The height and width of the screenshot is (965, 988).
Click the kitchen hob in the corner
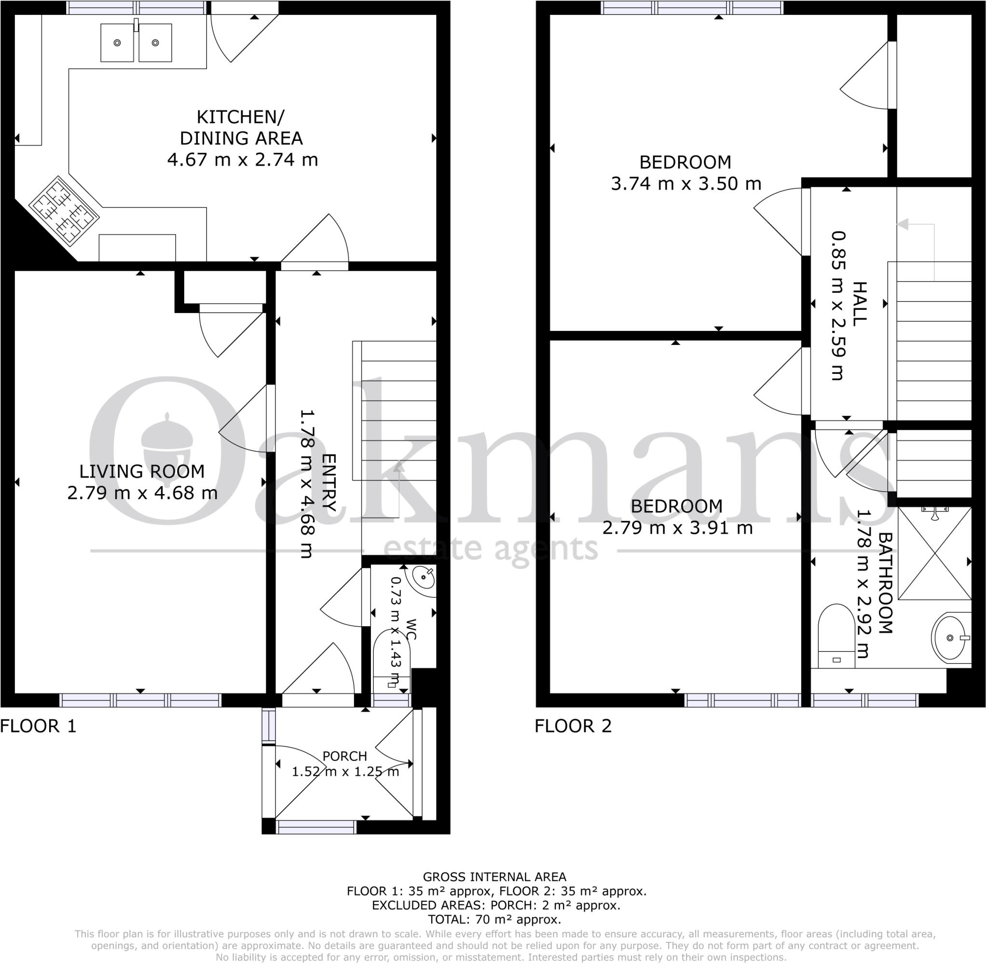pyautogui.click(x=64, y=211)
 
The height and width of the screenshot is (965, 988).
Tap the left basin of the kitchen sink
pyautogui.click(x=117, y=43)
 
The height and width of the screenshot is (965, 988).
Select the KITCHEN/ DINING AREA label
pyautogui.click(x=241, y=127)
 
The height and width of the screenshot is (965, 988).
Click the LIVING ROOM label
pyautogui.click(x=142, y=471)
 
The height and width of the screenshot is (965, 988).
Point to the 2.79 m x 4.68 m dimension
pyautogui.click(x=142, y=493)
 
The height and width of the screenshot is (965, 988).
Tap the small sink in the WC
pyautogui.click(x=423, y=577)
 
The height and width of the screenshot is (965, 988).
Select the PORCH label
pyautogui.click(x=344, y=756)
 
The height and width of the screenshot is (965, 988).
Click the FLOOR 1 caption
pyautogui.click(x=39, y=726)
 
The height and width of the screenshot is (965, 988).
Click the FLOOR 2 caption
pyautogui.click(x=573, y=726)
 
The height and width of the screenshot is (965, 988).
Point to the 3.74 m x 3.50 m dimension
pyautogui.click(x=686, y=183)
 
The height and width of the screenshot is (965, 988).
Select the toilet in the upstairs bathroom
pyautogui.click(x=837, y=635)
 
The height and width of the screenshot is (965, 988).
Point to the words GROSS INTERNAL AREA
pyautogui.click(x=494, y=877)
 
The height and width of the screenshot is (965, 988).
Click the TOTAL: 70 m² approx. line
pyautogui.click(x=494, y=919)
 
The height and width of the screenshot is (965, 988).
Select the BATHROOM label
pyautogui.click(x=885, y=583)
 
